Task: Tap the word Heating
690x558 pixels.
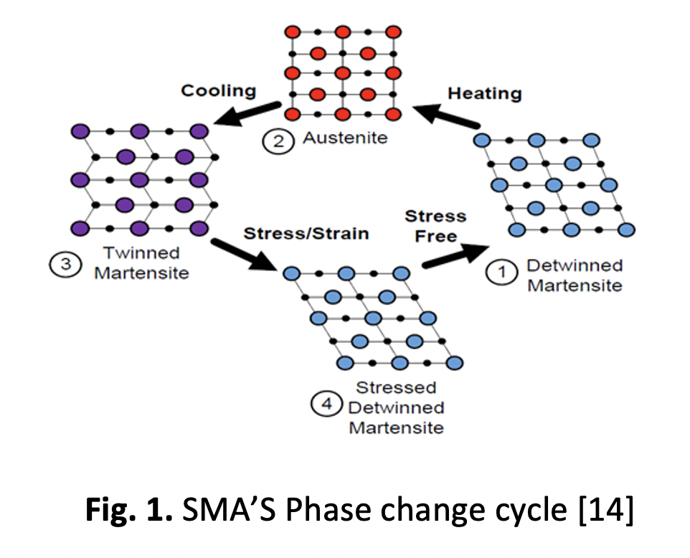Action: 484,93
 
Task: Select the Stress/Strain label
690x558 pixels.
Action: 306,234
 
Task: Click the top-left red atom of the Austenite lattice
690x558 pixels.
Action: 292,33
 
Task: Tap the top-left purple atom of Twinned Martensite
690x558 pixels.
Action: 81,132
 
